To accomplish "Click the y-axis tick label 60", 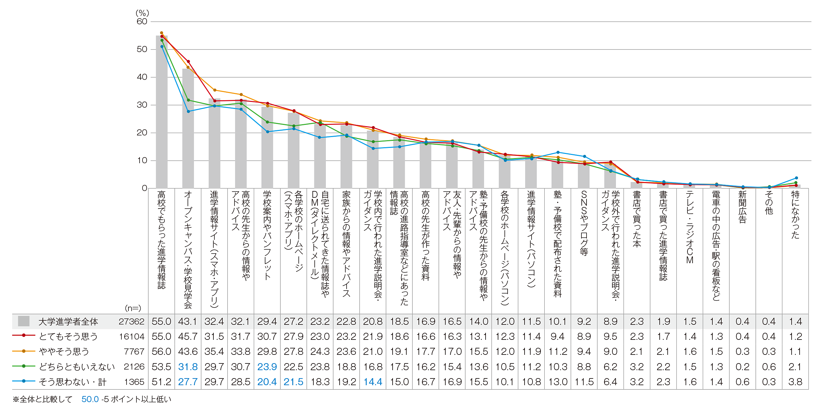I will [142, 21].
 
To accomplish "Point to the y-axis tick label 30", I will [142, 105].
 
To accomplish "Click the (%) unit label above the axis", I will [142, 13].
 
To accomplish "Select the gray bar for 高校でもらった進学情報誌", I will [162, 112].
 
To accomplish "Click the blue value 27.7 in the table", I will [188, 382].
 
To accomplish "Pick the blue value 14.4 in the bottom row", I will [373, 382].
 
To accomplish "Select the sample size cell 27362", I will [132, 321].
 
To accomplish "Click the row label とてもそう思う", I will [68, 336].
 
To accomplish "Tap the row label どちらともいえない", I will [77, 367].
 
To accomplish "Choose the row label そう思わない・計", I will [73, 382].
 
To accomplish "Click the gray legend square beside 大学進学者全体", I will [24, 321].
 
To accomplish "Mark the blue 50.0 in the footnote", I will [90, 399].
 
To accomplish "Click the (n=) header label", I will [133, 308].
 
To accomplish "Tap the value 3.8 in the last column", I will [795, 382].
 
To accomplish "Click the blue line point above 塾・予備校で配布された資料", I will [558, 152].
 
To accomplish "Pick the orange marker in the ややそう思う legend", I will [24, 351].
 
